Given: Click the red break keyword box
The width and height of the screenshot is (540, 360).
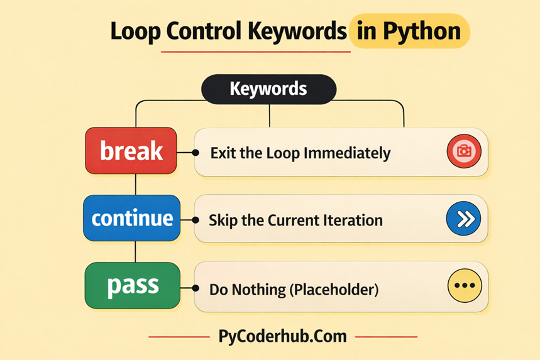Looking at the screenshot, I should click(131, 151).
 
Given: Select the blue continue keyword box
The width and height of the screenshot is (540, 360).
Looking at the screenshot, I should click(131, 218).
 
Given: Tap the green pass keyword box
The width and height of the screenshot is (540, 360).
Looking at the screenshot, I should click(131, 285).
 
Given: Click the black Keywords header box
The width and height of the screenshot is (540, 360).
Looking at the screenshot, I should click(268, 89).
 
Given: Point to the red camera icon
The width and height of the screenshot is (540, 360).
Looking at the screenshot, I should click(463, 151).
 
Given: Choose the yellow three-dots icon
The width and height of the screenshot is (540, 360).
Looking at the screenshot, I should click(463, 285).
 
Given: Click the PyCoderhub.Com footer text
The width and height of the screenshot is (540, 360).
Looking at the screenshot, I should click(282, 336).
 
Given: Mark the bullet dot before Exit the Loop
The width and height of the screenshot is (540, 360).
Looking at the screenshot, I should click(196, 153).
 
